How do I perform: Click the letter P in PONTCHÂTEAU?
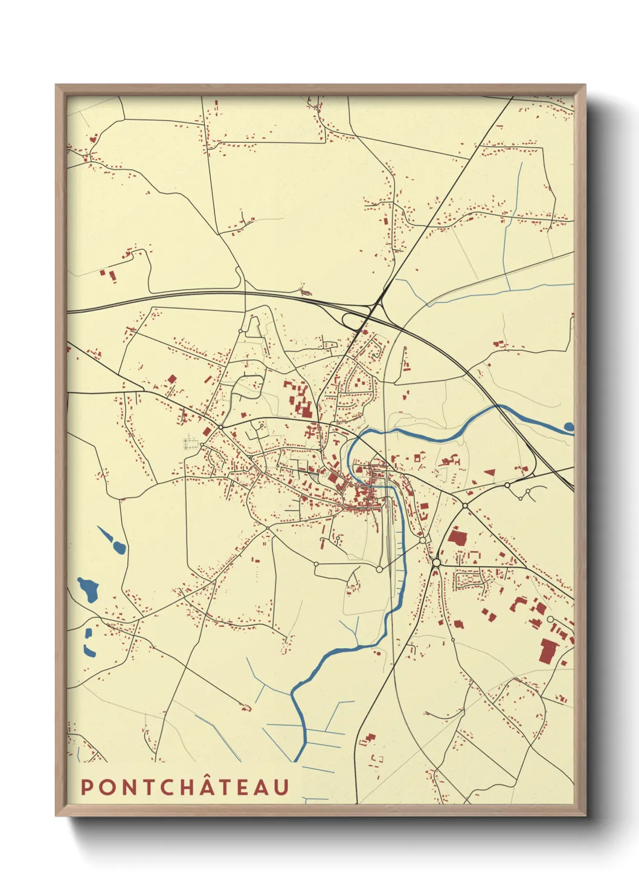pyautogui.click(x=87, y=787)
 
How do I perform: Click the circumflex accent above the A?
pyautogui.click(x=216, y=776)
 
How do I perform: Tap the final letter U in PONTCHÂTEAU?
pyautogui.click(x=281, y=787)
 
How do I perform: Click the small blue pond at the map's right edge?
pyautogui.click(x=569, y=427)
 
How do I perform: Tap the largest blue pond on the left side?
pyautogui.click(x=88, y=589)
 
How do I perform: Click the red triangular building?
pyautogui.click(x=490, y=471)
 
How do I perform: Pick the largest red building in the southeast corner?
pyautogui.click(x=548, y=652)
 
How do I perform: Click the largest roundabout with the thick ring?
pyautogui.click(x=436, y=563)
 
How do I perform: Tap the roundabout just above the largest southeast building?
pyautogui.click(x=550, y=619)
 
